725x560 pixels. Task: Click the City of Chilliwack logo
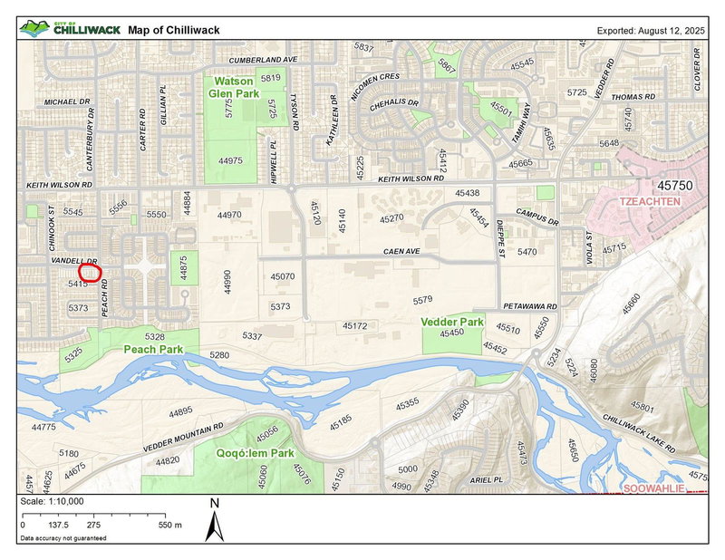click(69, 29)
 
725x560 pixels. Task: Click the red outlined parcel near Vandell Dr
click(91, 270)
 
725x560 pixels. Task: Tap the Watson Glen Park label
click(233, 87)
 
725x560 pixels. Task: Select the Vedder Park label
click(451, 322)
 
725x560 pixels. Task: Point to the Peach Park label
click(153, 349)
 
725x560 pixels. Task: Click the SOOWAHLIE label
click(651, 488)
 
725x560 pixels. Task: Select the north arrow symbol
click(214, 522)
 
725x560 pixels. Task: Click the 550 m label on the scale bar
click(169, 525)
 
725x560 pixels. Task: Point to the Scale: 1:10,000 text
click(51, 501)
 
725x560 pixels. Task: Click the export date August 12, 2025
click(651, 30)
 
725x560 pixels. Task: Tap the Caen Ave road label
click(401, 251)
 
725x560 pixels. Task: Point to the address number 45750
click(678, 185)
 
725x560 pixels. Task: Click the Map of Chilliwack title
click(174, 30)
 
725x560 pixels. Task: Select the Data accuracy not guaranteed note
click(62, 538)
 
